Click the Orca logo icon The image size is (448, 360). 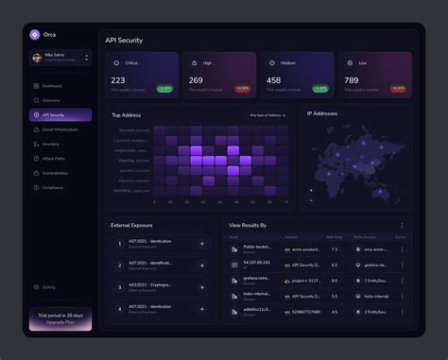point(35,34)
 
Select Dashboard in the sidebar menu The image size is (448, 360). point(51,86)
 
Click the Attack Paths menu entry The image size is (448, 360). point(53,159)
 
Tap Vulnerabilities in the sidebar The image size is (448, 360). point(55,173)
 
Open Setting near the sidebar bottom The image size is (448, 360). point(48,287)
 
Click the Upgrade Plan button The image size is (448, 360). point(60,322)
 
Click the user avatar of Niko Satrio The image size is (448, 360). point(36,58)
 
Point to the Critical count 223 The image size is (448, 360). point(118,80)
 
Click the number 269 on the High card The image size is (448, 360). point(196,80)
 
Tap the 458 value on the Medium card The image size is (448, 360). point(274,80)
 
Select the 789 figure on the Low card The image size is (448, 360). point(351,80)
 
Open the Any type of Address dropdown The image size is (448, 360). point(268,115)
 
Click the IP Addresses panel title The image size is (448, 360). point(322,113)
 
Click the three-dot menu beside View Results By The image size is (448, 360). point(402,226)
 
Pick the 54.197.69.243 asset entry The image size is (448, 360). point(256,263)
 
